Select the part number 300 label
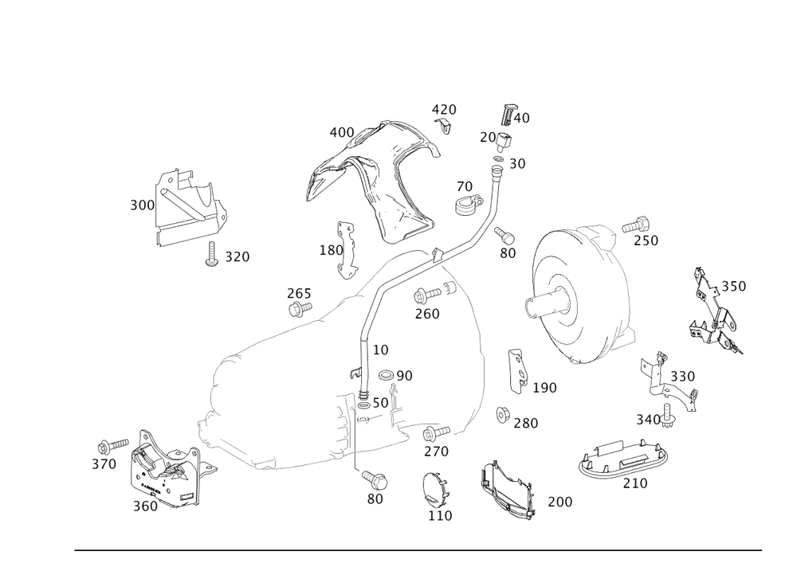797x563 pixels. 141,205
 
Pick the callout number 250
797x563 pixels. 647,240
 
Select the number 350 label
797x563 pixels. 733,286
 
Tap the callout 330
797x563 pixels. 683,376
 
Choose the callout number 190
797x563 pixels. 545,387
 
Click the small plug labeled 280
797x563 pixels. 503,412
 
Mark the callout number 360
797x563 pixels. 145,506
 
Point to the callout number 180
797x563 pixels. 329,249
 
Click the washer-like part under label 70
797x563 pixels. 468,205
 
